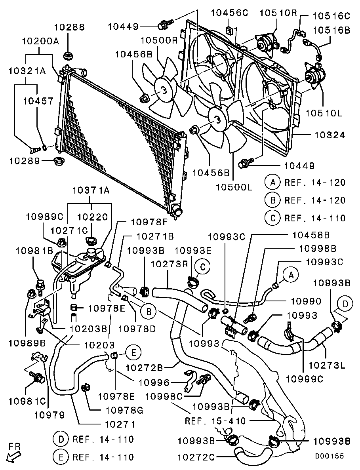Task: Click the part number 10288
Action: (69, 27)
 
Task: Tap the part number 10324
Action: (330, 135)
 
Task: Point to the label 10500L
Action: (234, 187)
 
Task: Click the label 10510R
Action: (278, 13)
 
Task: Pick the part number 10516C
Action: (331, 16)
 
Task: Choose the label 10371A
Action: (91, 191)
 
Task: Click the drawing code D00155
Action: (330, 456)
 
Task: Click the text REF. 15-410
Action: (215, 421)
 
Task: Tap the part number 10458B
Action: (311, 235)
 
